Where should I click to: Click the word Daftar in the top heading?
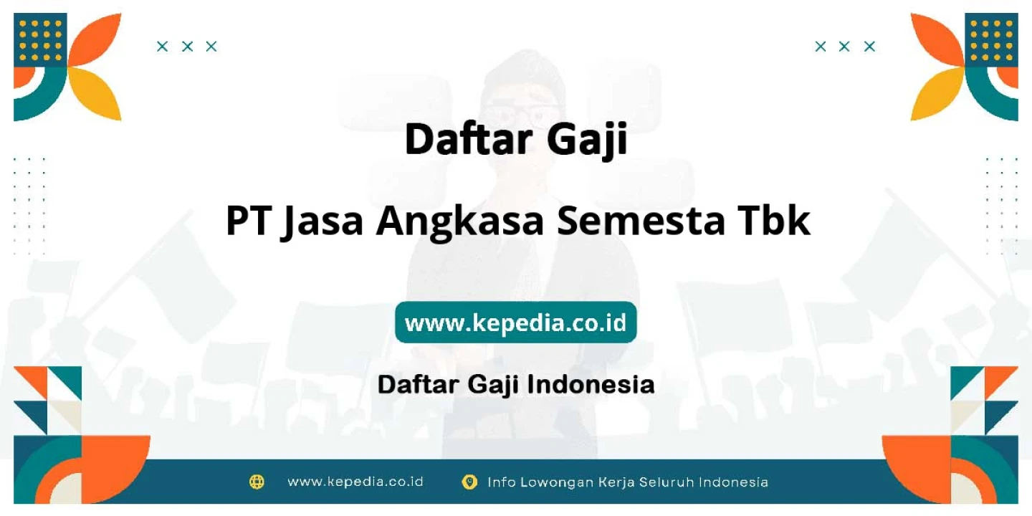[x=469, y=139]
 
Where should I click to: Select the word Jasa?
[x=322, y=222]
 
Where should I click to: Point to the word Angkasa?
[x=460, y=222]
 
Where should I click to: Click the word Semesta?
[x=641, y=221]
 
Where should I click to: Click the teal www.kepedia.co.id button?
[x=515, y=322]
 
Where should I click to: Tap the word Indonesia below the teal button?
[x=591, y=384]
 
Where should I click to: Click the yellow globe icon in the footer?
[x=257, y=482]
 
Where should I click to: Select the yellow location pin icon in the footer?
[x=469, y=482]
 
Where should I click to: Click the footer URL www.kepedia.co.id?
[x=355, y=482]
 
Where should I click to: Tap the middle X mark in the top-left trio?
[x=187, y=47]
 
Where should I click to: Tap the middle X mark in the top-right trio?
[x=844, y=47]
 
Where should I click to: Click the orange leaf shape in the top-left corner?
[x=96, y=41]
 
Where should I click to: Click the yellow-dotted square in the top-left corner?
[x=40, y=40]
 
